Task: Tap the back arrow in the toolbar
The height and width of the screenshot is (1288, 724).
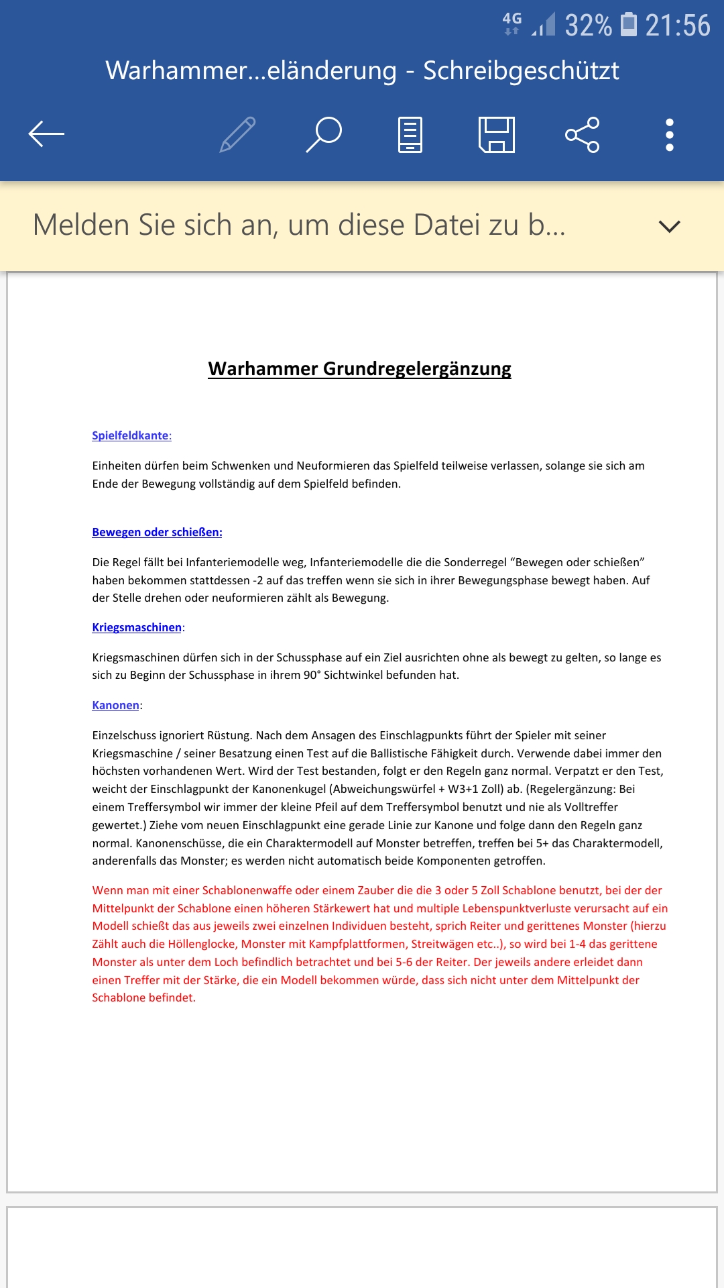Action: coord(46,134)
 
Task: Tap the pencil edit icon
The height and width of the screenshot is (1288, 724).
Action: coord(238,134)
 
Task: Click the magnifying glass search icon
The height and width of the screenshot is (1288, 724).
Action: coord(324,134)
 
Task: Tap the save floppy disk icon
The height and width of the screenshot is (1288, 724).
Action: coord(497,134)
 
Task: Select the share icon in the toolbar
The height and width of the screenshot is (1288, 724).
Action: coord(582,134)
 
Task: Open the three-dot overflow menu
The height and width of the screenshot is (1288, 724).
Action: coord(669,134)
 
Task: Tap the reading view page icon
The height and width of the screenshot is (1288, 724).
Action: coord(410,134)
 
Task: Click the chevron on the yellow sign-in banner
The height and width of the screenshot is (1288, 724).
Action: coord(669,226)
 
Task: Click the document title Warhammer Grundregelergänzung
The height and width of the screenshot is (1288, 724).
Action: coord(359,368)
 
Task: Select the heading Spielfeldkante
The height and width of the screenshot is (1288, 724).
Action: coord(131,435)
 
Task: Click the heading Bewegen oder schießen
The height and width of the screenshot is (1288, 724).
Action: coord(157,532)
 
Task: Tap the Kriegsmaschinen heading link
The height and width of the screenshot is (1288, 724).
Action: coord(137,627)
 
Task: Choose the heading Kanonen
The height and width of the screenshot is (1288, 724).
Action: coord(115,705)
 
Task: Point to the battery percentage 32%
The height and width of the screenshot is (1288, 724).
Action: coord(588,25)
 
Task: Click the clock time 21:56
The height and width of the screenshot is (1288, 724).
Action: coord(677,25)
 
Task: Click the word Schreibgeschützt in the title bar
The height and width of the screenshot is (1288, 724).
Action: coord(521,70)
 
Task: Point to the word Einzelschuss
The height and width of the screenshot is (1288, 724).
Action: coord(124,735)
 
